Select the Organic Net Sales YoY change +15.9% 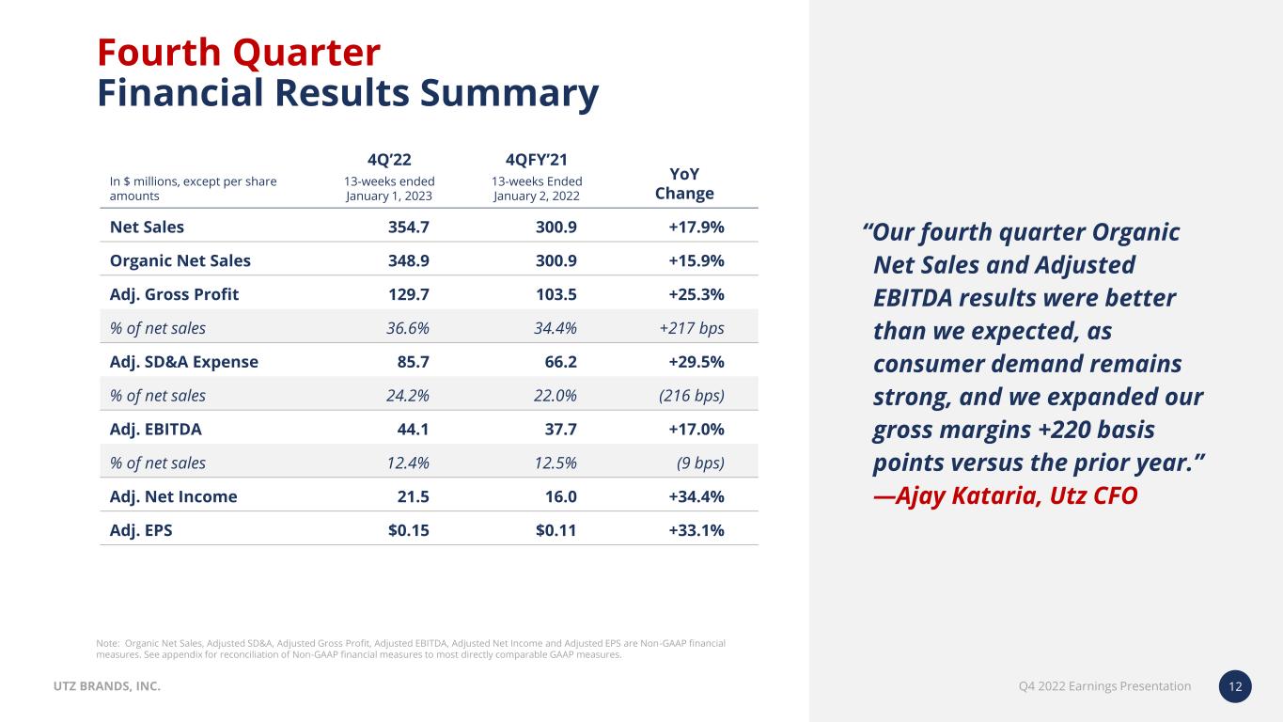point(696,260)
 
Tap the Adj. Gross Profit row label point(174,294)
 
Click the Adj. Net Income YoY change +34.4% point(696,496)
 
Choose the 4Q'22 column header point(388,159)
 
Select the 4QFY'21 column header point(536,159)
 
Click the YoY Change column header point(684,183)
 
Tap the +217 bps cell point(692,328)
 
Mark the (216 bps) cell point(691,396)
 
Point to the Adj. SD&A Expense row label point(183,362)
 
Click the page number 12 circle point(1235,687)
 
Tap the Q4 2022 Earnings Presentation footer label point(1103,686)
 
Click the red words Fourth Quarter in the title point(239,52)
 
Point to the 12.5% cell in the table point(555,463)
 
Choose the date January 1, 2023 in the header point(389,196)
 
